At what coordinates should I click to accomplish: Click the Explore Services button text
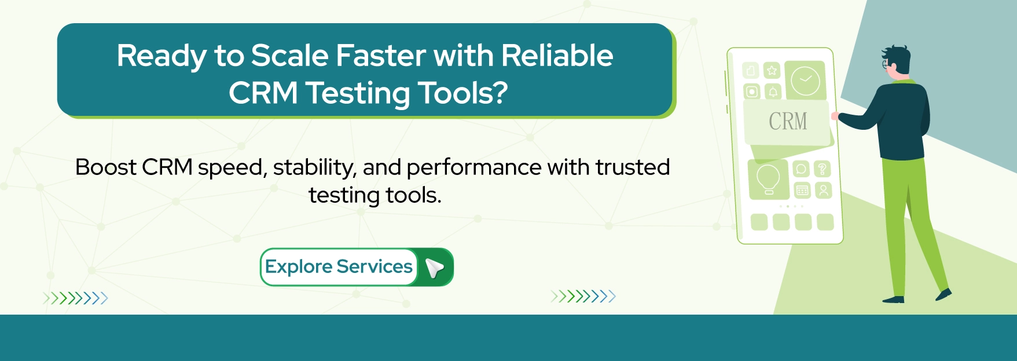[339, 267]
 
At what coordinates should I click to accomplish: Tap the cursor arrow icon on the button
[434, 268]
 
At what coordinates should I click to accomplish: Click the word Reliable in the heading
[557, 56]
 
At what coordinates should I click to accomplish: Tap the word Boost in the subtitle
[107, 167]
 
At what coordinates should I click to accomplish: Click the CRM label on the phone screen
[788, 122]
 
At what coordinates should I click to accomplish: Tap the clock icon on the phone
[806, 81]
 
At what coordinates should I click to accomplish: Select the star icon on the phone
[772, 71]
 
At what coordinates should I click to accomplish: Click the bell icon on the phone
[773, 92]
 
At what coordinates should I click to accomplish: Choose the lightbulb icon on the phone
[768, 180]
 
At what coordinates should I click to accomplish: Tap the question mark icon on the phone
[823, 169]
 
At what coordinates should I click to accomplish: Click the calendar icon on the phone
[802, 190]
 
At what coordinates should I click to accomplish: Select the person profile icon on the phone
[823, 190]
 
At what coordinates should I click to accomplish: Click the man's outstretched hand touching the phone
[835, 116]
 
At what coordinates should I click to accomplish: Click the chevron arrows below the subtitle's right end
[583, 297]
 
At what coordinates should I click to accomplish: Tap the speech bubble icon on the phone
[801, 169]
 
